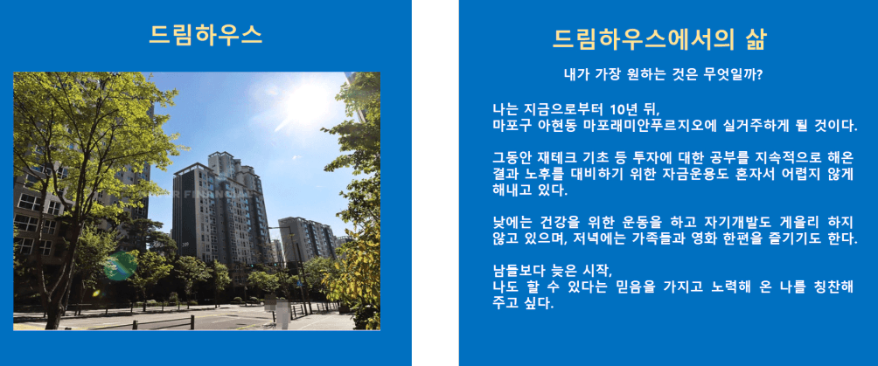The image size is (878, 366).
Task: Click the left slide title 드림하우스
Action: click(206, 35)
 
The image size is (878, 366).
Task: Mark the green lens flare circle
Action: click(119, 266)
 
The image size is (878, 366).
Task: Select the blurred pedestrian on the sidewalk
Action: click(283, 314)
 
